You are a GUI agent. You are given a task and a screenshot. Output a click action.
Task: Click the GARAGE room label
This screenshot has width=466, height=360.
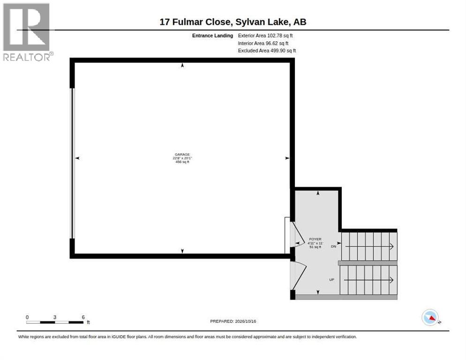[182, 155]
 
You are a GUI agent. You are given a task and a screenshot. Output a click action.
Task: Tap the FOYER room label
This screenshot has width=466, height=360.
[315, 239]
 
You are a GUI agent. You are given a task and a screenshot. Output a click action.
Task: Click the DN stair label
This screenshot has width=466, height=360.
[333, 247]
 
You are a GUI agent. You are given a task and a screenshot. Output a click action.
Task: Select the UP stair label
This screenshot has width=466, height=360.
[331, 279]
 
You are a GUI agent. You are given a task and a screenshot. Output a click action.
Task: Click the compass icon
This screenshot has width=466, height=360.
[430, 317]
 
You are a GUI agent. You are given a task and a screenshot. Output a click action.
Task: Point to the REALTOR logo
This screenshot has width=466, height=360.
[27, 32]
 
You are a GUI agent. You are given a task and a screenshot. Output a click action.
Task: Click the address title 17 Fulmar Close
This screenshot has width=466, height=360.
[195, 22]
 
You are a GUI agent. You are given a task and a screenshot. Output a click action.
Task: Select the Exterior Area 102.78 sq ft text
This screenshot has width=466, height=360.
[265, 36]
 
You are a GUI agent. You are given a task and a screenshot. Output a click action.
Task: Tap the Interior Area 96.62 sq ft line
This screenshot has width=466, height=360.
[263, 44]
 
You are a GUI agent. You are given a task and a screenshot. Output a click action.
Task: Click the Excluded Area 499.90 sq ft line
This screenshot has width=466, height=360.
[267, 51]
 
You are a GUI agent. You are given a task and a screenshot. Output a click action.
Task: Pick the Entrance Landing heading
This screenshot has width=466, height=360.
[212, 36]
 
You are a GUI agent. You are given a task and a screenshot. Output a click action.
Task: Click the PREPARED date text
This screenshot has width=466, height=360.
[233, 322]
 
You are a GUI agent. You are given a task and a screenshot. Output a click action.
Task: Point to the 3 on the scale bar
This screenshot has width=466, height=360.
[55, 317]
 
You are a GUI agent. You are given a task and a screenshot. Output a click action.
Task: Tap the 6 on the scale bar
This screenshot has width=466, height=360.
[83, 317]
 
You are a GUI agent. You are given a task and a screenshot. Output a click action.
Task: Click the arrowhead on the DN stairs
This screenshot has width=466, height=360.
[392, 247]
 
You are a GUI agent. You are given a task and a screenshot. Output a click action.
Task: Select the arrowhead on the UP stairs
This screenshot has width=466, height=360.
[392, 280]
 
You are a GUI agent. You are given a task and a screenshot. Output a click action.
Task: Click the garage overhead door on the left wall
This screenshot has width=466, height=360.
[72, 163]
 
